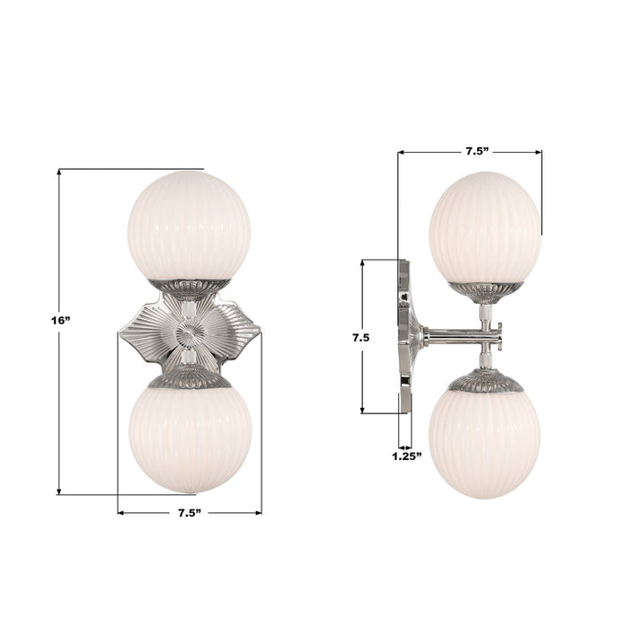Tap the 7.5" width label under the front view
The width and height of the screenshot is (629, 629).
tap(189, 512)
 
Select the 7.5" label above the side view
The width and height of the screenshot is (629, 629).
tap(476, 151)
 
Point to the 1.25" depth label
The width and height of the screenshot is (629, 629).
tap(406, 456)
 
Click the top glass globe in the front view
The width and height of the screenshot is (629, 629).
tap(189, 225)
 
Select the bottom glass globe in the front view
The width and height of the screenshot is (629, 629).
tap(189, 439)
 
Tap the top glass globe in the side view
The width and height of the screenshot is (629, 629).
tap(485, 226)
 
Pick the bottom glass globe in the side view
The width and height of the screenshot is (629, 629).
tap(485, 442)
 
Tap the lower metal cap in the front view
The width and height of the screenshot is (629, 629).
tap(189, 380)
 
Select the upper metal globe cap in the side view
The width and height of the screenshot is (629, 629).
tap(485, 290)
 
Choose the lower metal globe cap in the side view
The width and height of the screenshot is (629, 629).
tap(485, 381)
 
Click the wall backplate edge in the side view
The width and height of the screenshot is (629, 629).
tap(404, 336)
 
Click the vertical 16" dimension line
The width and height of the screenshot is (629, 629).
tap(59, 404)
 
